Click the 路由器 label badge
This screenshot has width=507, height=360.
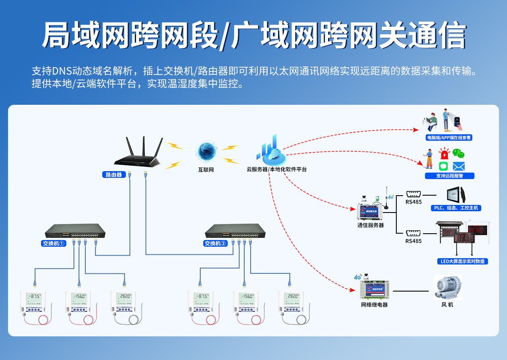coord(114,174)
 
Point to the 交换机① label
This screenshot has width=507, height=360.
coord(54,243)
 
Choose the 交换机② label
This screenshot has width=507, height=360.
coord(215,243)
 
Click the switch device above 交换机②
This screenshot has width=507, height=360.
coord(235,231)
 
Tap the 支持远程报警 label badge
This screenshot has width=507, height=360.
coord(450,176)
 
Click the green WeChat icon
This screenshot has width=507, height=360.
coord(458,153)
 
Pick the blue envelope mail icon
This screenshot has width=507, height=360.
coord(458,166)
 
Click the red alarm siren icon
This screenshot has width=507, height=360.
coord(444,153)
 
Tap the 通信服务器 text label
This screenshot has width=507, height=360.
coord(371,225)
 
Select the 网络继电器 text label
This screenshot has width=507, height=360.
coord(374,305)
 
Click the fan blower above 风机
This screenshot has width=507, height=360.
coord(448,288)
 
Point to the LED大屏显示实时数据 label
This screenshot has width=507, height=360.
coord(462,261)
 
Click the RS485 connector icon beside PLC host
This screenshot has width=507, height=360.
coord(413,194)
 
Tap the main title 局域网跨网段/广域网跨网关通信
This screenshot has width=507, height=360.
coord(253,35)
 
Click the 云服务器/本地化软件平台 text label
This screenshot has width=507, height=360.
coord(277,169)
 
